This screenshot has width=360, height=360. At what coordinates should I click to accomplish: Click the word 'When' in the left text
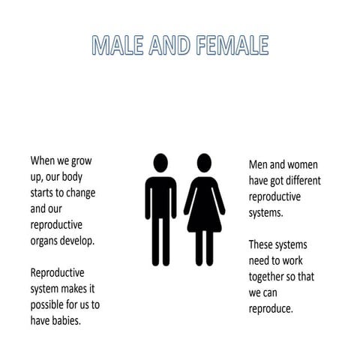click(x=43, y=160)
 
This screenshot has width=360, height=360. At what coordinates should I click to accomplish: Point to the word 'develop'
click(x=85, y=241)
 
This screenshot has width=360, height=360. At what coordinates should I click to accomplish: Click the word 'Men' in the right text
click(x=260, y=163)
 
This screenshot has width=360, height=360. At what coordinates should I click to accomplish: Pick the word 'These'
click(x=262, y=244)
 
